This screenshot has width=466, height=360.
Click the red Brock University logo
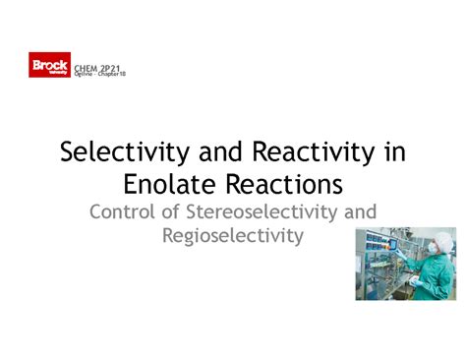(49, 67)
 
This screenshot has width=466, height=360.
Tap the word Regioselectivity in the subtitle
(233, 236)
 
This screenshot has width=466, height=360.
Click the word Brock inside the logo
(49, 64)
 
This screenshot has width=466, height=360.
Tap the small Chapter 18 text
(110, 73)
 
